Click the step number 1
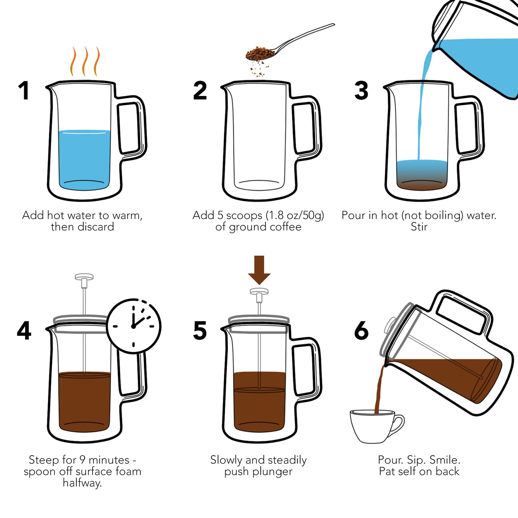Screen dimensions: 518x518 [24, 91]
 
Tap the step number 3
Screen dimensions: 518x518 [361, 91]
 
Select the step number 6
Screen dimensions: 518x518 [361, 330]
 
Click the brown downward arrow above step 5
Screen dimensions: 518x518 [259, 269]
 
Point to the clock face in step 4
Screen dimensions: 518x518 [134, 326]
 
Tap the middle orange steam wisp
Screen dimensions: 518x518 [85, 62]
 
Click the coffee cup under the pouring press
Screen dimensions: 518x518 [373, 426]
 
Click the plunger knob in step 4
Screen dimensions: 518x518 [84, 277]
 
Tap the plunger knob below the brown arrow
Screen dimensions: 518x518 [259, 292]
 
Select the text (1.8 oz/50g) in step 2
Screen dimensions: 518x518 [295, 215]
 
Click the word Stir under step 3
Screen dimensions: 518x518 [419, 227]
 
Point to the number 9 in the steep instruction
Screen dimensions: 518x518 [83, 460]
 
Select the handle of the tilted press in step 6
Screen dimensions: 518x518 [463, 311]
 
